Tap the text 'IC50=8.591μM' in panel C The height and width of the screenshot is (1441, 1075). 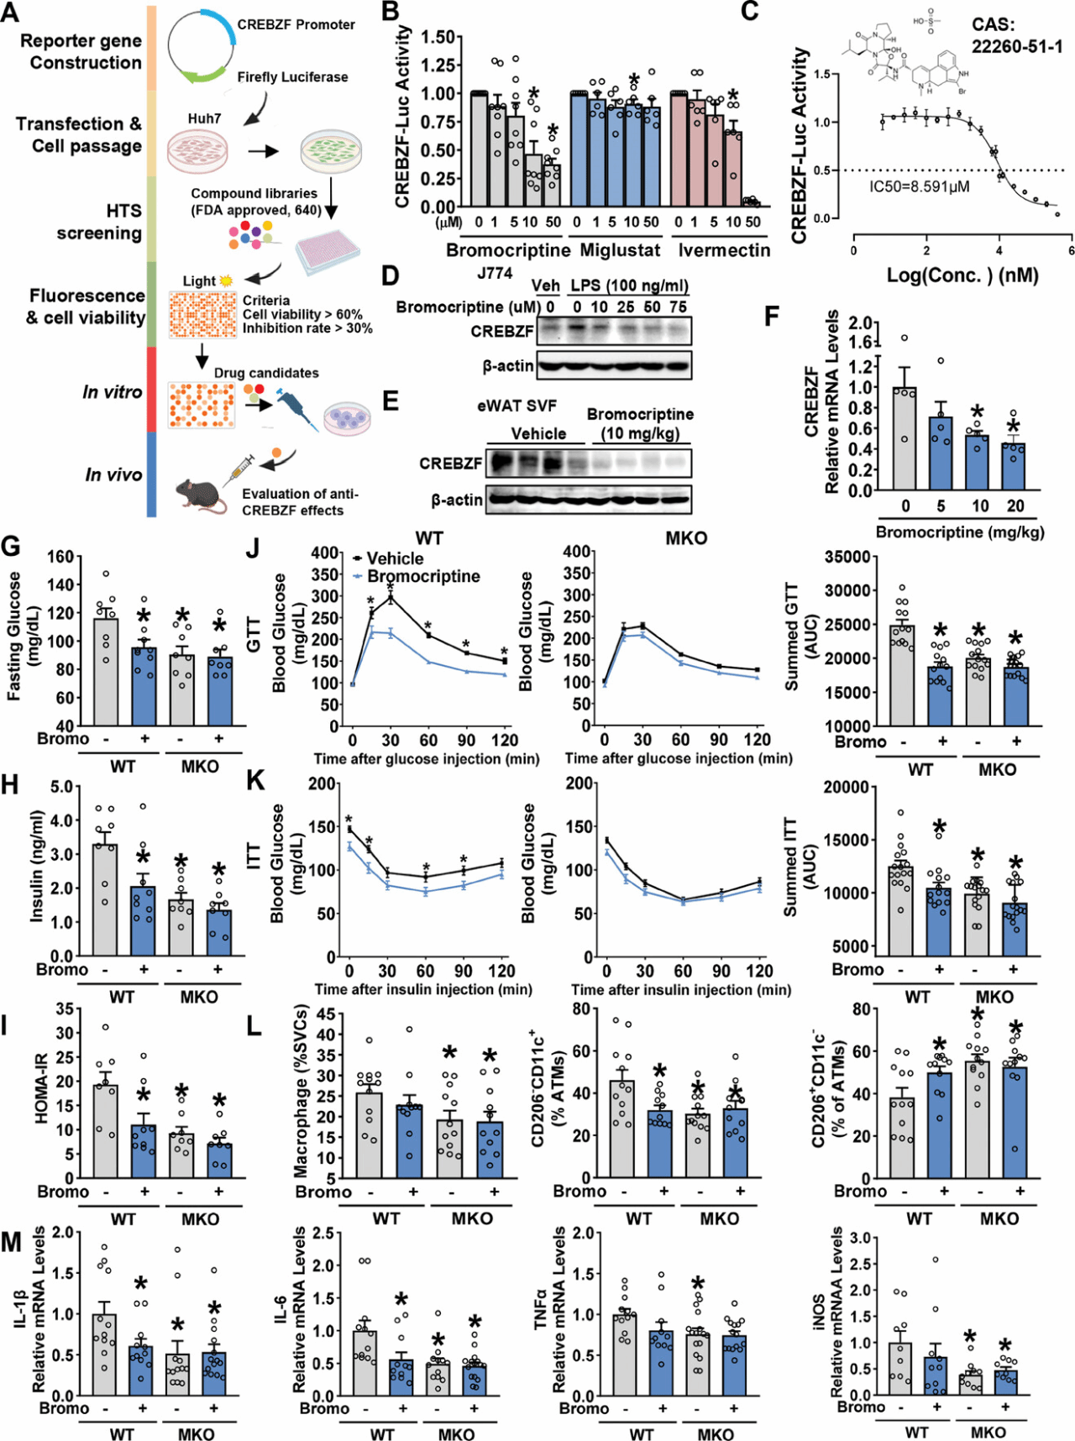tap(919, 186)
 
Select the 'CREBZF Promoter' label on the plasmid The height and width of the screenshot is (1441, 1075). tap(296, 24)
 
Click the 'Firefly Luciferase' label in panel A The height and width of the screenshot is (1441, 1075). tap(292, 76)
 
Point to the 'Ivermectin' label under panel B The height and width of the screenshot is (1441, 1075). tap(724, 250)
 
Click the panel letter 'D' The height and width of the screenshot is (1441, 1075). tap(390, 276)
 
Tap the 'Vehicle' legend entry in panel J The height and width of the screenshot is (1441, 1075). tap(395, 558)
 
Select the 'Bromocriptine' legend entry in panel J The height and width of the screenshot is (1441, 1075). tap(423, 576)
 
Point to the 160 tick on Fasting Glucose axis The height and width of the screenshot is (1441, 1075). tap(60, 557)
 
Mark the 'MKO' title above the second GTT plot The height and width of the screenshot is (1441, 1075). tap(686, 538)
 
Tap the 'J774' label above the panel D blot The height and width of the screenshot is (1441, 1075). tap(494, 274)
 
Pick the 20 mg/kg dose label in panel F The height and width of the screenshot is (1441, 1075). tap(1015, 506)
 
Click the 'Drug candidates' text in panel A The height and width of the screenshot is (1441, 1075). tap(266, 373)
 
